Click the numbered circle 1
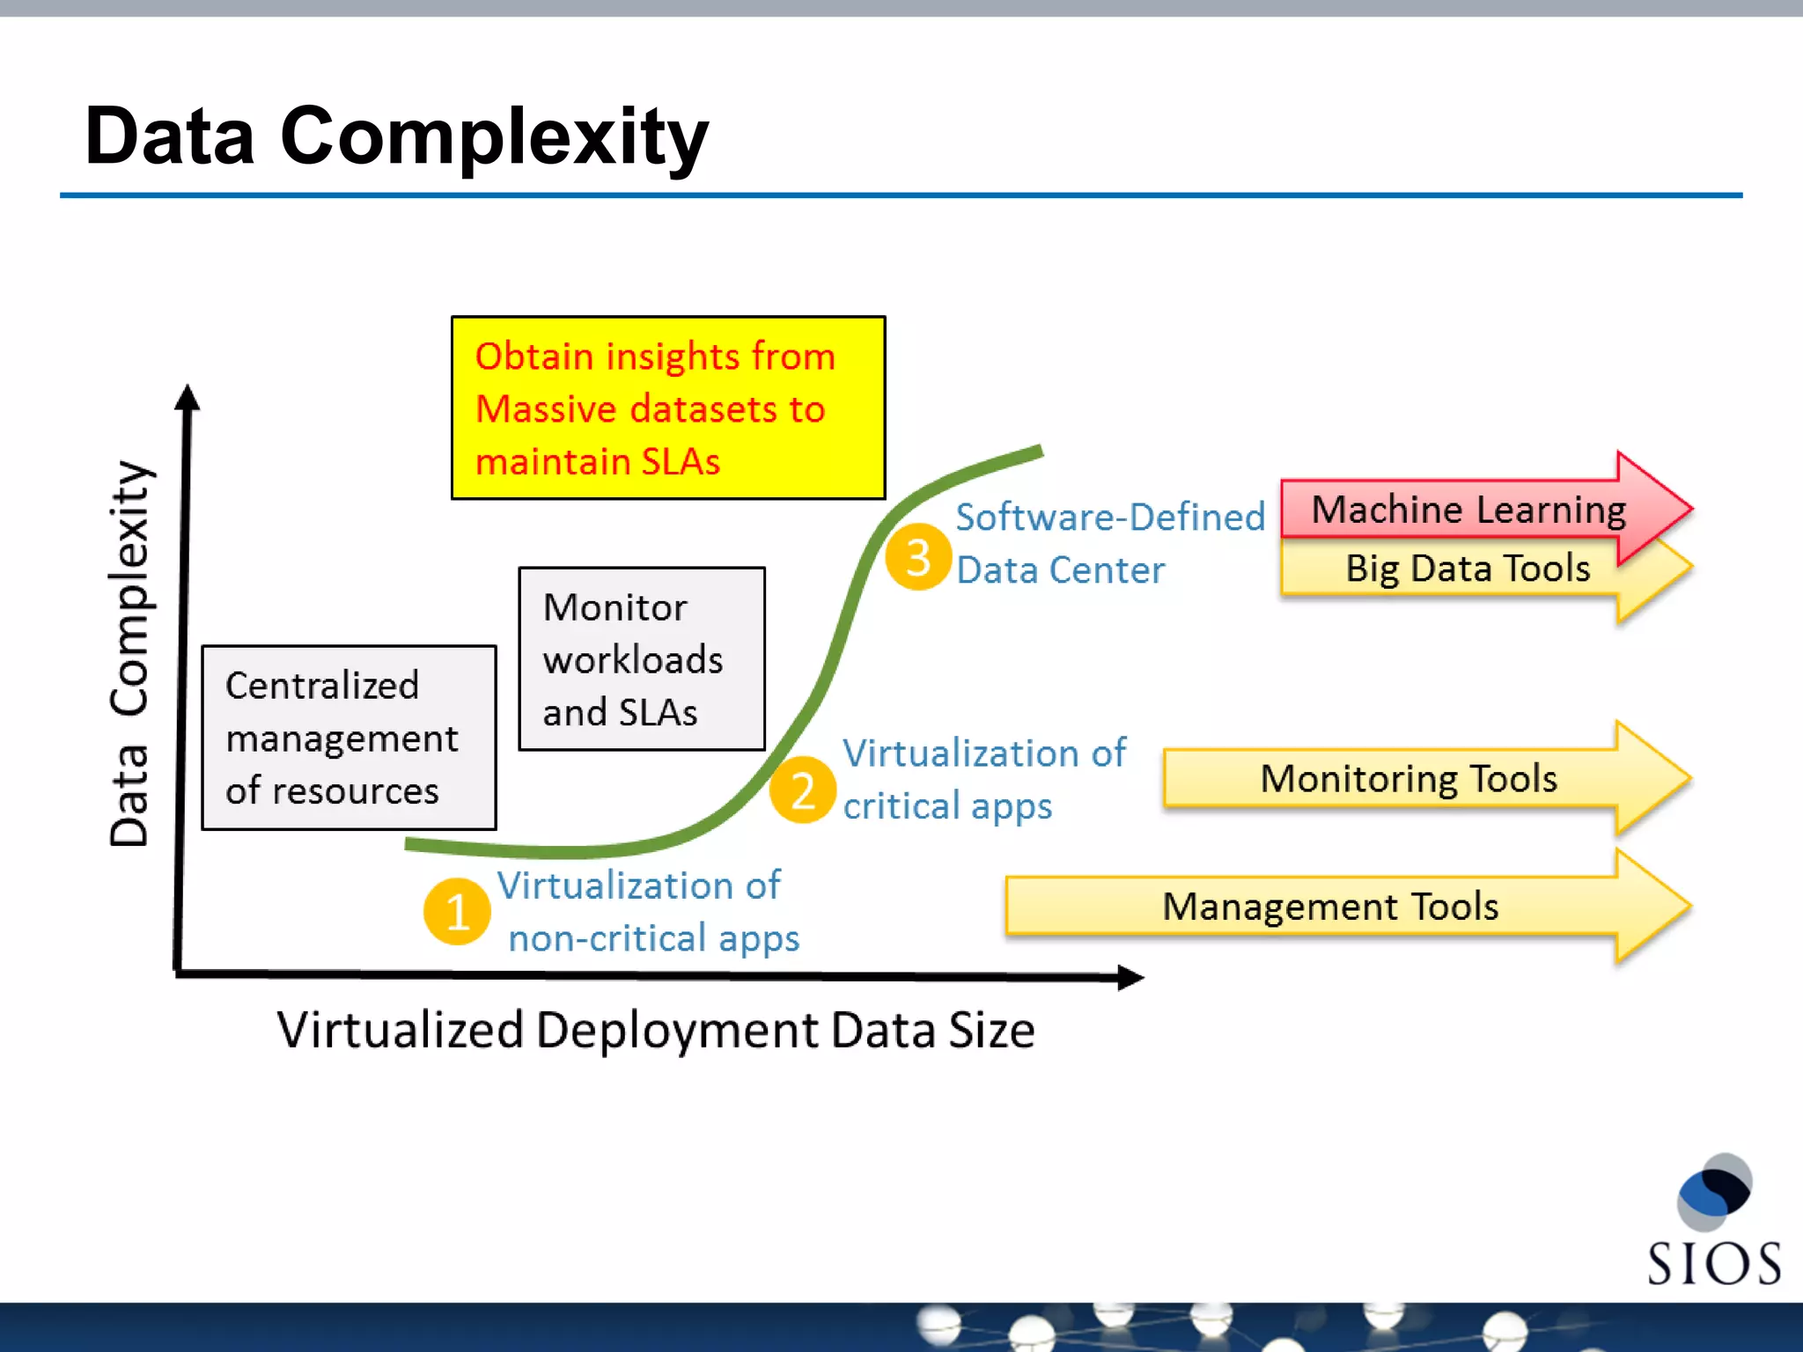point(457,911)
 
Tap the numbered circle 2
point(802,790)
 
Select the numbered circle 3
point(918,556)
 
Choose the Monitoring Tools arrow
point(1409,779)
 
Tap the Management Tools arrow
point(1329,907)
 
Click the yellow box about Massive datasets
point(668,408)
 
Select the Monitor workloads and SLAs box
point(642,659)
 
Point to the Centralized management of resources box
point(349,738)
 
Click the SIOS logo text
point(1713,1264)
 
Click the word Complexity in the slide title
point(494,136)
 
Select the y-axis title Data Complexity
point(130,653)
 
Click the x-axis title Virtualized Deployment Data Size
point(656,1030)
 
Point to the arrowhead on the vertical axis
point(187,398)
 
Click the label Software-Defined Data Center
point(1108,543)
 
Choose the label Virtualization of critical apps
point(983,779)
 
